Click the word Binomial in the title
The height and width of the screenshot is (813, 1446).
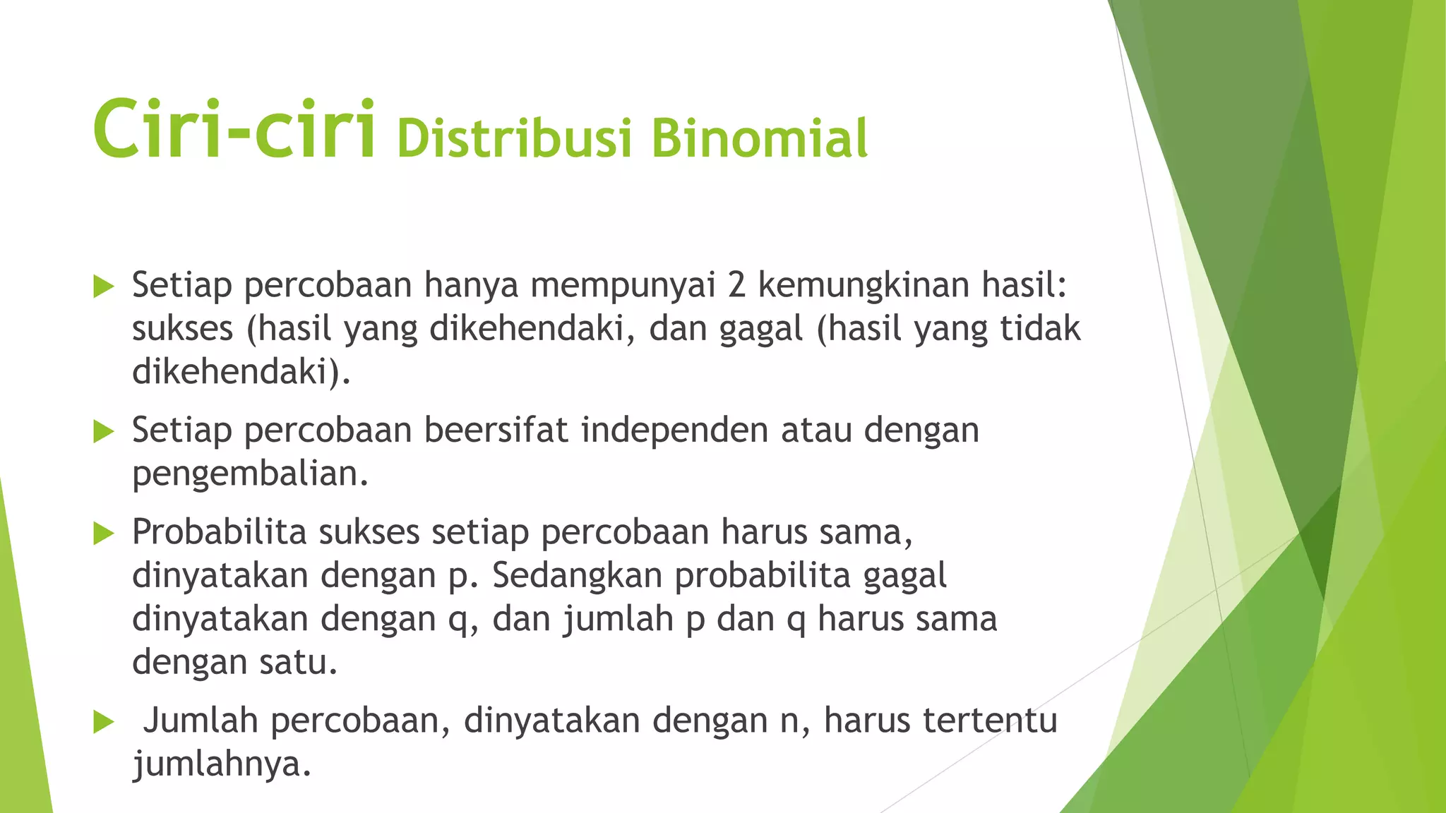759,138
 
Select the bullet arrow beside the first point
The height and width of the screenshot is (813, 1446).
103,287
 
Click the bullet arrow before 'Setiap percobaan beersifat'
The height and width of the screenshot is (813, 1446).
103,431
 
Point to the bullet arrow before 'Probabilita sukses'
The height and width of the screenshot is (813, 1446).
103,534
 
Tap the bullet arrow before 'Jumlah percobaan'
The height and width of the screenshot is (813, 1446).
103,722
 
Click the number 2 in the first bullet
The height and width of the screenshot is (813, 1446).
736,285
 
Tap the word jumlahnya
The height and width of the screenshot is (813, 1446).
222,765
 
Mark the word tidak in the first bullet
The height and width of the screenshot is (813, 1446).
1040,328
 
